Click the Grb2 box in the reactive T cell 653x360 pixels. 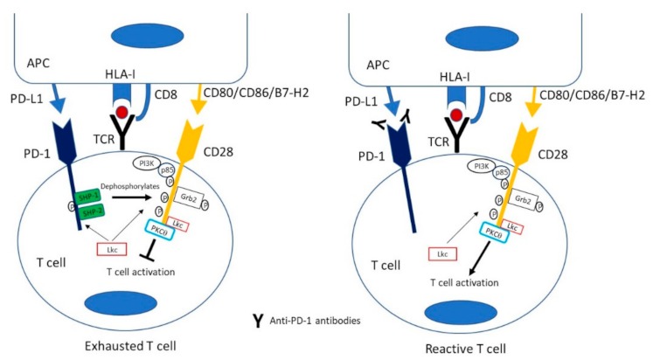tap(524, 200)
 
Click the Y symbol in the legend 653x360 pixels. tap(259, 321)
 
